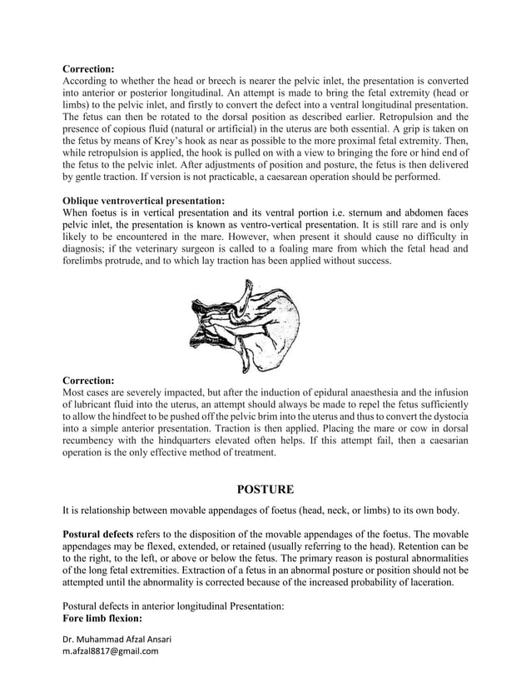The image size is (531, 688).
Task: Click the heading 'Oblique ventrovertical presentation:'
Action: [144, 201]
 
